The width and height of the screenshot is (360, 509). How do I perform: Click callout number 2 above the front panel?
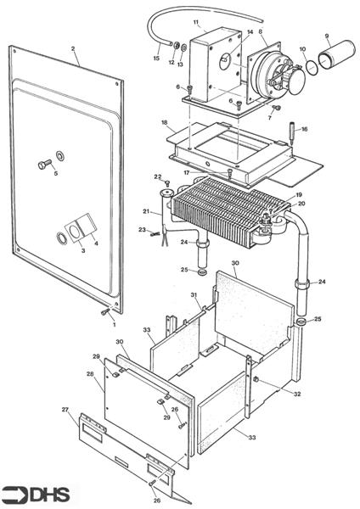[73, 49]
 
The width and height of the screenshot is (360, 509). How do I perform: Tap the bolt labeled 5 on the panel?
[44, 165]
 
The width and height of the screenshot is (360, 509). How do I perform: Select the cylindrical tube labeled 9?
[336, 54]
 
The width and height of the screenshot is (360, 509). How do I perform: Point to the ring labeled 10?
[312, 67]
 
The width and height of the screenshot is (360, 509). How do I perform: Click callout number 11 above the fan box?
[195, 22]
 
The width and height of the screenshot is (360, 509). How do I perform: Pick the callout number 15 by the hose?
[156, 58]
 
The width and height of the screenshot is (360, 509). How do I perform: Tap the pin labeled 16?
[292, 134]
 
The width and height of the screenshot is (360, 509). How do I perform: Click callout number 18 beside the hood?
[165, 122]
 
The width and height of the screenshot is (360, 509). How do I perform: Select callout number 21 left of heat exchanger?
[146, 211]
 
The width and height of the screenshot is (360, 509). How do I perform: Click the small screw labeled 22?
[167, 183]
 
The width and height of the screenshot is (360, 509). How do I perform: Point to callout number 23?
[142, 230]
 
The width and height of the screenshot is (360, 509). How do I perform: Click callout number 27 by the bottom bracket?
[65, 410]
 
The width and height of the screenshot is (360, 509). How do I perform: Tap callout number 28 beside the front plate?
[90, 374]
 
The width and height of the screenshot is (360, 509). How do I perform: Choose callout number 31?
[194, 294]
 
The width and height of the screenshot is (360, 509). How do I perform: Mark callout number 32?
[297, 394]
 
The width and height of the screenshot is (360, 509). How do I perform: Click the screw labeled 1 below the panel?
[104, 312]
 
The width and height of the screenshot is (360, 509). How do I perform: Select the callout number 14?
[250, 32]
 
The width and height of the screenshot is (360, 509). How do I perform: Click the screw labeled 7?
[277, 108]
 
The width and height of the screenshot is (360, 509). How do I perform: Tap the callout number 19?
[299, 195]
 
